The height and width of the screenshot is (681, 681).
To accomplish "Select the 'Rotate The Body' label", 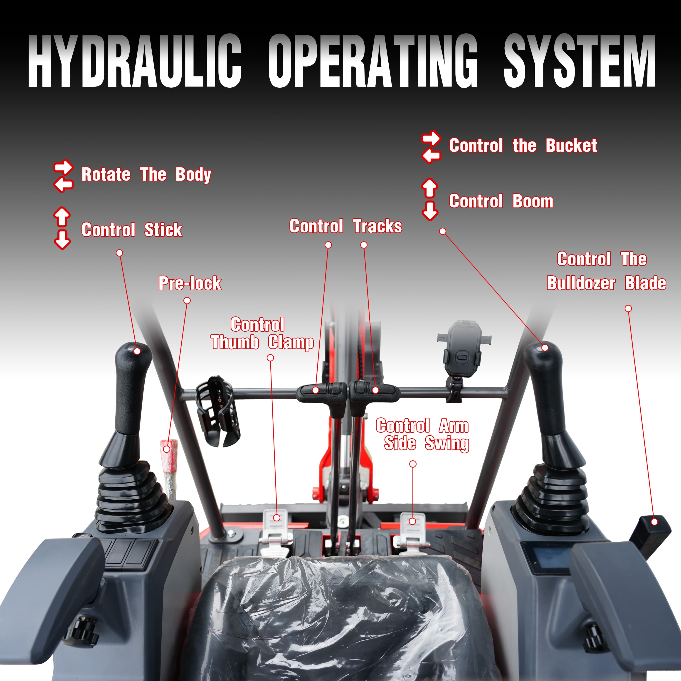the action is pyautogui.click(x=146, y=175).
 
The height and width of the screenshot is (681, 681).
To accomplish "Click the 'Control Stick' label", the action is pyautogui.click(x=132, y=230).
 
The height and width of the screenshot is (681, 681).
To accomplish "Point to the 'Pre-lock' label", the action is pyautogui.click(x=190, y=283).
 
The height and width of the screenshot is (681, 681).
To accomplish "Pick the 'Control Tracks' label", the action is pyautogui.click(x=345, y=226).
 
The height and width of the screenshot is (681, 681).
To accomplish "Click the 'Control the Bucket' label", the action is pyautogui.click(x=523, y=146).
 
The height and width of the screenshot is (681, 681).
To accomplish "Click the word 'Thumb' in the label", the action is pyautogui.click(x=235, y=342).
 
